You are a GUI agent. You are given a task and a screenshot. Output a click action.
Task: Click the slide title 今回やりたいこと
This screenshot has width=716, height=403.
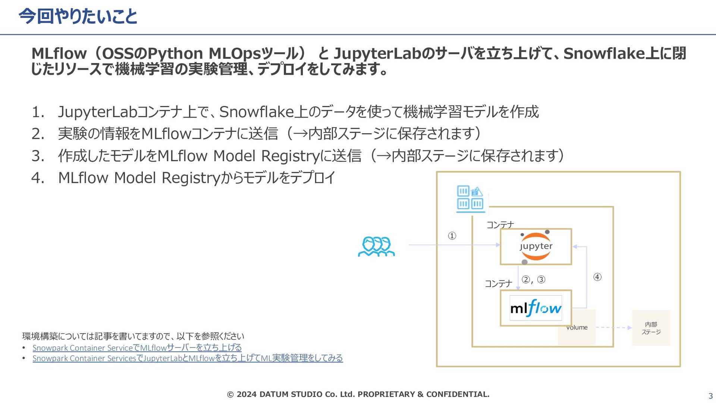click(x=78, y=16)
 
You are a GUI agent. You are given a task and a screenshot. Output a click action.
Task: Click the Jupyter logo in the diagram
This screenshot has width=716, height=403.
click(x=536, y=246)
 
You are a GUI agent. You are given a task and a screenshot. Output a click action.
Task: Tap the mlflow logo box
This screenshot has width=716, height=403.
click(x=536, y=308)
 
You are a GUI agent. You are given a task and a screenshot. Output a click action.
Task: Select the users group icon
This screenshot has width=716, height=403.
click(x=376, y=247)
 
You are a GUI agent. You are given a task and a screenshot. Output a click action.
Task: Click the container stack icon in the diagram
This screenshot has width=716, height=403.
click(x=470, y=199)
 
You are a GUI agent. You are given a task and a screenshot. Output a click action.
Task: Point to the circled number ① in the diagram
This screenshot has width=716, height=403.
click(x=452, y=236)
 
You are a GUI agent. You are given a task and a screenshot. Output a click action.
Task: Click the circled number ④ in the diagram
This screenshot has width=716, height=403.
click(x=597, y=277)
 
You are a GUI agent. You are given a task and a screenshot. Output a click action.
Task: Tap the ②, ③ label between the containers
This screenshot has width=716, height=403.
click(x=533, y=279)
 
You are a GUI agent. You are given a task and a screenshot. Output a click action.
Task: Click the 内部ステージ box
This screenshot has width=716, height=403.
click(x=651, y=328)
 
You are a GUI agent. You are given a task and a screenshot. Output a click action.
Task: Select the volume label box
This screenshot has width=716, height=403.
click(x=577, y=328)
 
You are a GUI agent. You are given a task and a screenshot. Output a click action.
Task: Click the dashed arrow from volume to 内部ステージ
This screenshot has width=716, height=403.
click(x=613, y=328)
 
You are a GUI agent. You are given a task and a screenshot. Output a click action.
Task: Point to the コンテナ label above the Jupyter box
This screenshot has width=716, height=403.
click(x=500, y=225)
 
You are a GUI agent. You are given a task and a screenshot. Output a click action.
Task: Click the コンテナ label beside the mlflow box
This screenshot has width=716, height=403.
click(x=498, y=284)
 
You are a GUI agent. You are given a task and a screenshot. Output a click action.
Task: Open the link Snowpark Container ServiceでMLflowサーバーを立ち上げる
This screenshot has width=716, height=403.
click(x=137, y=348)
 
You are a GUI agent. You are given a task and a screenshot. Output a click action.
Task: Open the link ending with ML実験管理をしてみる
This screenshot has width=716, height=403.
click(x=188, y=358)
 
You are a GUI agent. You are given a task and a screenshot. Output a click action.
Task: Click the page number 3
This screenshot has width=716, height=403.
click(x=710, y=396)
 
